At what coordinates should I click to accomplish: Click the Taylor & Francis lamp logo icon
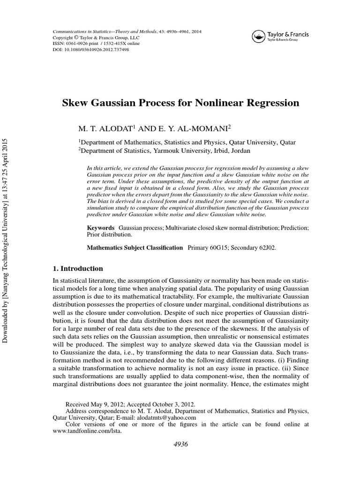click(258, 36)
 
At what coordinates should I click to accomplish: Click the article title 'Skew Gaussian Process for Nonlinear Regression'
click(180, 103)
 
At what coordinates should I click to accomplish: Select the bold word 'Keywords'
click(101, 227)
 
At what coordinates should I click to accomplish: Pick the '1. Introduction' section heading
click(79, 269)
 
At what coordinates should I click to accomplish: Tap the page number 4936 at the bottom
click(180, 444)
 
